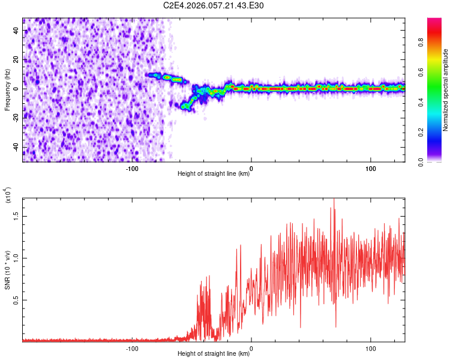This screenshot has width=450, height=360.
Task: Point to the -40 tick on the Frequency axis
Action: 16,148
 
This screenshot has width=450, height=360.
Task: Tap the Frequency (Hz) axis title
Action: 7,90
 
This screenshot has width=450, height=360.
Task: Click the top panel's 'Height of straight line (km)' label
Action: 214,174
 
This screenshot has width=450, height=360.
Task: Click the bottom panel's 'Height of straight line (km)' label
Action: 214,354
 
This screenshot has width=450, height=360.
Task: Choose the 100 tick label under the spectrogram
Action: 370,168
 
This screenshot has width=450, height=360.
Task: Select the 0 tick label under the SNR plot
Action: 251,348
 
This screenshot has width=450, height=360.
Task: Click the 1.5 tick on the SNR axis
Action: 16,216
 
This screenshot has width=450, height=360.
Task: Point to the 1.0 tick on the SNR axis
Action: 16,258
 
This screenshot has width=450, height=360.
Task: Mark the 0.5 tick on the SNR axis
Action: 16,301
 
